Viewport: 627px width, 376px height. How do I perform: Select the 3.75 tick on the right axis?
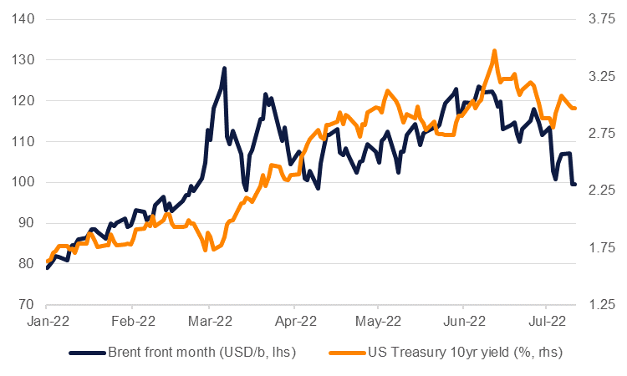click(601, 19)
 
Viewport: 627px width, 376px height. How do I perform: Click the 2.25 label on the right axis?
click(601, 191)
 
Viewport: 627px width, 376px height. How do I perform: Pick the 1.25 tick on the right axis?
click(601, 304)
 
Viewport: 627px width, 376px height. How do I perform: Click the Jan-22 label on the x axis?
click(48, 320)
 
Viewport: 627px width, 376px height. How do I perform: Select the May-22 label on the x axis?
click(379, 320)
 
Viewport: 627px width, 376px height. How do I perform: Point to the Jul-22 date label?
click(545, 320)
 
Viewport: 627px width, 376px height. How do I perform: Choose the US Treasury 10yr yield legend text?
click(465, 353)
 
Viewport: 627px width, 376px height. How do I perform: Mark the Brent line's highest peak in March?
click(224, 69)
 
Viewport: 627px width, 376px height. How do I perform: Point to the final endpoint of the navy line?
click(575, 184)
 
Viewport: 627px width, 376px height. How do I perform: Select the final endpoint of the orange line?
click(575, 108)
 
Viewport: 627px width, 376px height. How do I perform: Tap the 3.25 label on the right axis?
click(601, 76)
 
